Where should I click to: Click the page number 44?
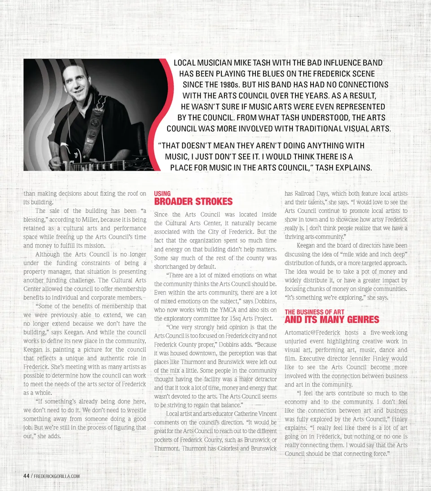pyautogui.click(x=26, y=476)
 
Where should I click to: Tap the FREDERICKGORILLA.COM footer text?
pyautogui.click(x=57, y=476)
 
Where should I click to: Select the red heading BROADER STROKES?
pyautogui.click(x=193, y=202)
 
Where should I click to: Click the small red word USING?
pyautogui.click(x=162, y=194)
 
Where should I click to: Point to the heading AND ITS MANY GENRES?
pyautogui.click(x=332, y=320)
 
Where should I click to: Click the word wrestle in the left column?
pyautogui.click(x=133, y=410)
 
